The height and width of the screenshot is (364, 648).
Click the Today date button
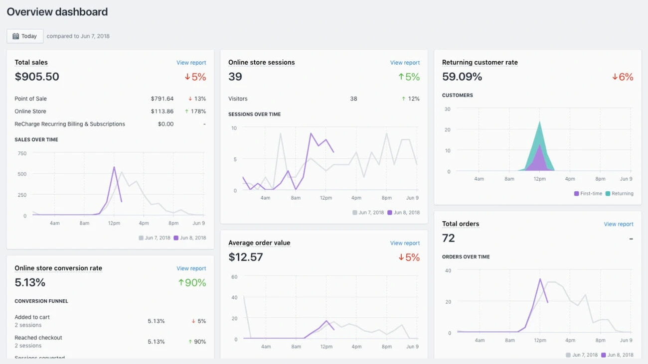[25, 36]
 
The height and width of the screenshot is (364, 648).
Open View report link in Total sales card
[191, 63]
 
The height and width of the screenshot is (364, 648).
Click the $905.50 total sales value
[37, 77]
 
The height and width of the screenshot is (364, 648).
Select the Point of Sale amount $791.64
[162, 99]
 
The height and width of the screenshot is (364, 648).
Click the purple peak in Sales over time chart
[114, 167]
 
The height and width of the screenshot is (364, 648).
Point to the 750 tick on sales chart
[22, 153]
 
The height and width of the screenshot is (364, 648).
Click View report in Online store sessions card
[405, 63]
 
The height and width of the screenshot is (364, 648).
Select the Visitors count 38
[353, 99]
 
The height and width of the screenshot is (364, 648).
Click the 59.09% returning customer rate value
[462, 77]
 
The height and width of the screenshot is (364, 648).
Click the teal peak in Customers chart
[539, 122]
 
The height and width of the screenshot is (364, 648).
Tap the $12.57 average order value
[246, 257]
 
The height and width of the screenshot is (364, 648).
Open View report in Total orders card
[618, 224]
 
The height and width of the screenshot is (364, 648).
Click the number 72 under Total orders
[449, 238]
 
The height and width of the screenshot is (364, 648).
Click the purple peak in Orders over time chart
[540, 279]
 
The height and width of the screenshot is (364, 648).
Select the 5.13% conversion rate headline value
[30, 282]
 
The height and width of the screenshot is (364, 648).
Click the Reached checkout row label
[38, 338]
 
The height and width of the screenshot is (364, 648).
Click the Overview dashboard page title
[57, 12]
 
